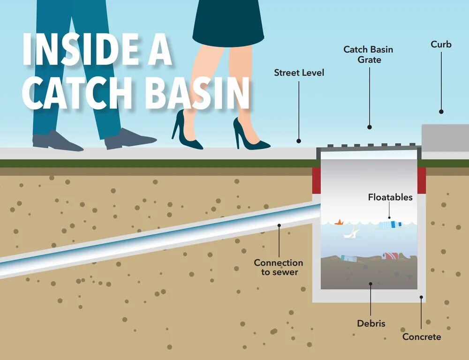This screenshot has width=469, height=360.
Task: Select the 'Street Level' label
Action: point(299,73)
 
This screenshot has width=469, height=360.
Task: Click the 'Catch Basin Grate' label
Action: point(368,54)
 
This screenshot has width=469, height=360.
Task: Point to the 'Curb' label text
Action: point(441,45)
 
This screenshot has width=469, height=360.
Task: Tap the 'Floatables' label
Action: point(390,197)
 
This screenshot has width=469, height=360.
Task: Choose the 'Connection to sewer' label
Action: point(278,267)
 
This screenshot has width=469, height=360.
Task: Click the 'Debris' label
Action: point(371,323)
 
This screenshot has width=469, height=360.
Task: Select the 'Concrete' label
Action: point(422,337)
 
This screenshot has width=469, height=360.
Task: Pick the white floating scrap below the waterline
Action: point(351,232)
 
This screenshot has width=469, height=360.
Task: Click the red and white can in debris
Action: point(390,256)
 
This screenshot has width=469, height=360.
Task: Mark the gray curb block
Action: point(445,137)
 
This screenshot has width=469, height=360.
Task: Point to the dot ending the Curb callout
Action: point(441,112)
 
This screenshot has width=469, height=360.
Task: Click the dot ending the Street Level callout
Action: point(298,140)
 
